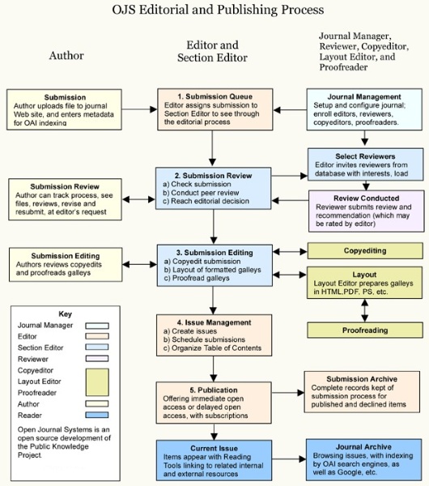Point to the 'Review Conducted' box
click(365, 207)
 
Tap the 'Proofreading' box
click(364, 330)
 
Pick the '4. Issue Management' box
click(213, 335)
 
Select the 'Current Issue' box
click(213, 460)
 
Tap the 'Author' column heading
click(66, 56)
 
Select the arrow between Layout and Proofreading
click(364, 309)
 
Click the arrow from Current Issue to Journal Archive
click(287, 460)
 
